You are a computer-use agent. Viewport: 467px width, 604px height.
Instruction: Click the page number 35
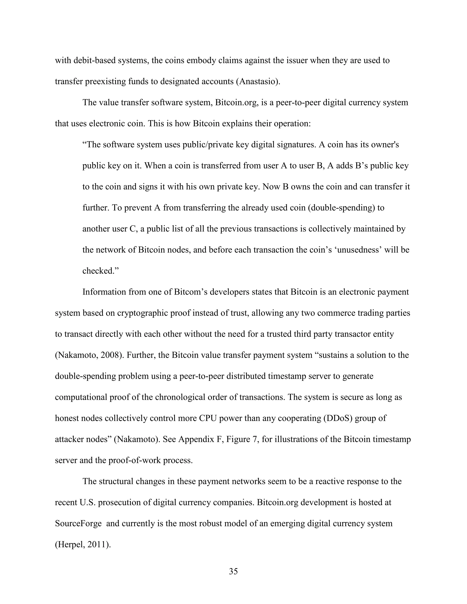tap(233, 571)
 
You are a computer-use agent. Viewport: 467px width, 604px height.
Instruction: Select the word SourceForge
tap(78, 524)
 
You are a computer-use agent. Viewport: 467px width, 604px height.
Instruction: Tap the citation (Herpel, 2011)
tap(83, 545)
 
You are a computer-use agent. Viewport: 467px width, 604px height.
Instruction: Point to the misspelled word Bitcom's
tap(191, 292)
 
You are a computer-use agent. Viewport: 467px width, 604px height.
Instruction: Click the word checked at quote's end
tap(98, 271)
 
